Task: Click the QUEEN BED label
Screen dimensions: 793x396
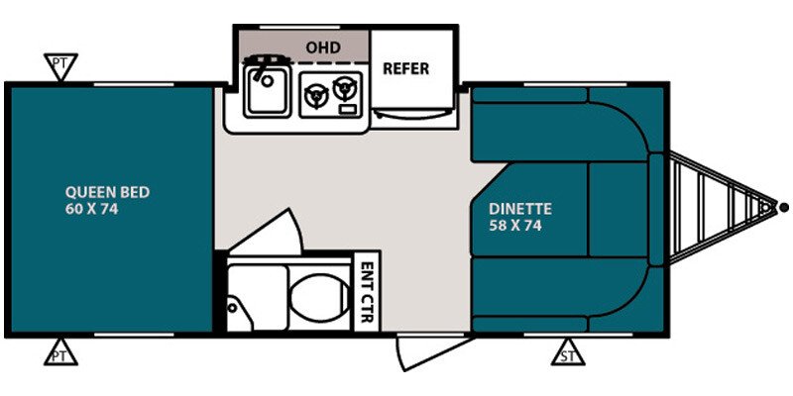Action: [108, 192]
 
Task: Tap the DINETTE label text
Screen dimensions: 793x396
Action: [519, 209]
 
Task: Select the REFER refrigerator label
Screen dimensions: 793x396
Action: [405, 68]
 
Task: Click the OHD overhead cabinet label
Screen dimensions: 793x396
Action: [323, 48]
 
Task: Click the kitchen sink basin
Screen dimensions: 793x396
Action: [267, 91]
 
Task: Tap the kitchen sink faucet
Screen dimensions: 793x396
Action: [259, 69]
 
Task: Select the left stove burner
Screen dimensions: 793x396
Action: [316, 95]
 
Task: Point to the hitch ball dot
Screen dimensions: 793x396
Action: [784, 207]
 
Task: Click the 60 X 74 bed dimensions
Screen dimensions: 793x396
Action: [91, 209]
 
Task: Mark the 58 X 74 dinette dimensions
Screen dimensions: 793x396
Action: [515, 226]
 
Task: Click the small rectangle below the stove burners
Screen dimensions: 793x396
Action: [346, 110]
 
